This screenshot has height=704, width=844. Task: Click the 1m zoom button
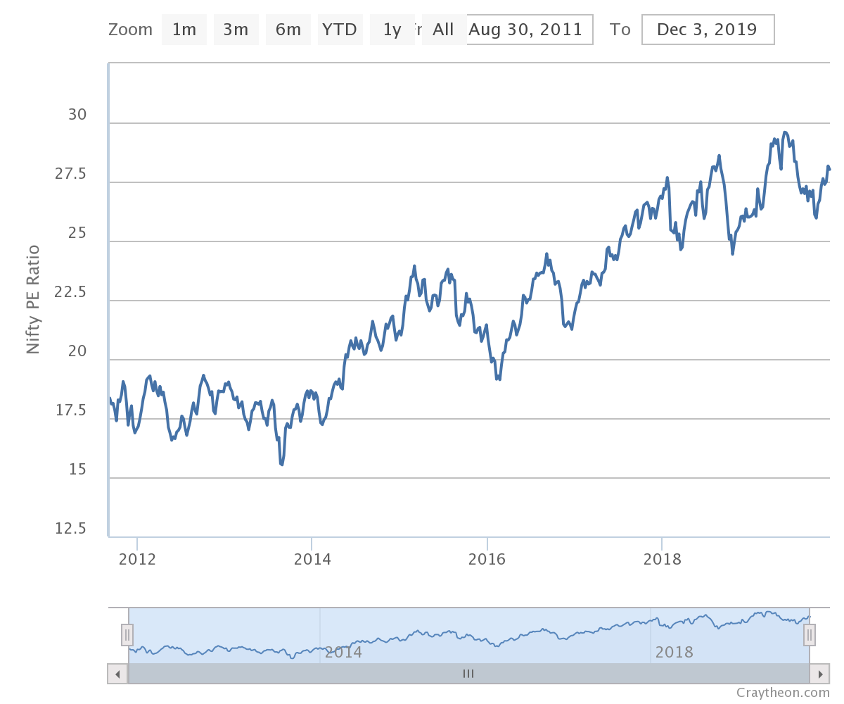tap(184, 30)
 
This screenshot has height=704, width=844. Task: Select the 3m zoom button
tap(236, 30)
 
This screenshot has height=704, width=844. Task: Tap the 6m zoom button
tap(288, 30)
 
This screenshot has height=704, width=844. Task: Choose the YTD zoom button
tap(340, 30)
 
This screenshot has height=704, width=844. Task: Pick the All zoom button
tap(443, 30)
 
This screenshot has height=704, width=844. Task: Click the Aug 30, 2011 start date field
tap(526, 30)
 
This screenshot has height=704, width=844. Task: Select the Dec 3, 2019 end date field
tap(708, 30)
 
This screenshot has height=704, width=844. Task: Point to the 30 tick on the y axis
tap(77, 115)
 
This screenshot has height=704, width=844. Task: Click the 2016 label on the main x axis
tap(487, 560)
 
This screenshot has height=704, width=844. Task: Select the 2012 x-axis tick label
tap(136, 560)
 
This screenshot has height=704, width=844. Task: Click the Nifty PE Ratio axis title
tap(33, 299)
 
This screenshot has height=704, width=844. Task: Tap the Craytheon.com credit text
tap(783, 693)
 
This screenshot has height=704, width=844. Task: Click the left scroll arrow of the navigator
tap(117, 674)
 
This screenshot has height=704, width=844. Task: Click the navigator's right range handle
tap(810, 636)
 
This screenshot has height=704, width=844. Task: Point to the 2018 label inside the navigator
tap(674, 653)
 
